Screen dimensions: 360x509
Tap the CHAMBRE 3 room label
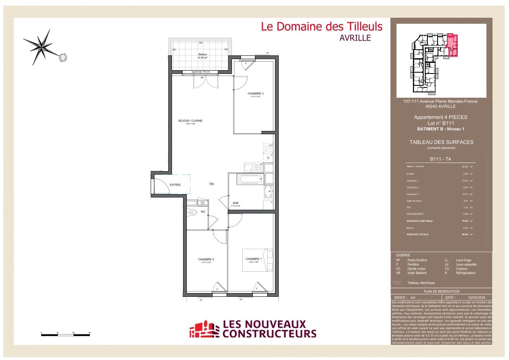coord(255,94)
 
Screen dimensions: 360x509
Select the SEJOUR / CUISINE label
coord(190,121)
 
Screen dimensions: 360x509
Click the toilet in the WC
coord(193,212)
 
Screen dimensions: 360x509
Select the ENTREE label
coord(175,185)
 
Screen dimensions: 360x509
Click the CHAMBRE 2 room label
coord(206,259)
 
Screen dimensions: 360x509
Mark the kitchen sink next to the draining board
coord(248,167)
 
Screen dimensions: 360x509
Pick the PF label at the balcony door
coord(202,78)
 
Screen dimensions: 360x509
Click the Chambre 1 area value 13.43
coord(465,181)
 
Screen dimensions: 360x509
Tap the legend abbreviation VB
coord(398,273)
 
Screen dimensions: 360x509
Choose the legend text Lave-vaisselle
coord(466,265)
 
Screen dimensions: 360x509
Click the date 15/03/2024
coord(477,298)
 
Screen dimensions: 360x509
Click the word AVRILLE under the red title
coord(355,38)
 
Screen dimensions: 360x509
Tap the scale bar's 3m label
coord(89,332)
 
